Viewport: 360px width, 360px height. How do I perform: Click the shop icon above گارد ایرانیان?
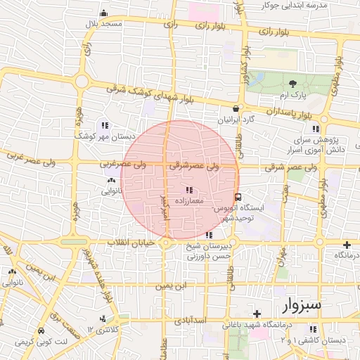(236, 109)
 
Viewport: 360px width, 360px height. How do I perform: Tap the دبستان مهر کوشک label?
(101, 136)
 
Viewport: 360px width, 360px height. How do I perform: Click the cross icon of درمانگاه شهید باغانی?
(257, 314)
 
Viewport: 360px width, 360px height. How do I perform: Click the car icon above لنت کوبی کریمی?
(41, 330)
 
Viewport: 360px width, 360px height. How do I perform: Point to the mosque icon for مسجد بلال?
(104, 13)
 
